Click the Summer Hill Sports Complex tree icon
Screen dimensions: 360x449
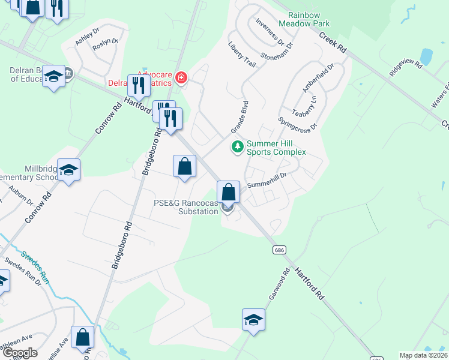pos(238,147)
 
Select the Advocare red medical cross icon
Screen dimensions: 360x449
pos(180,77)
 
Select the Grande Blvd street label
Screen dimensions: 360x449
pos(240,118)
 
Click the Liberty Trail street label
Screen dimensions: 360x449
pos(241,53)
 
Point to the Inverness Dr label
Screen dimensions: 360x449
pos(269,32)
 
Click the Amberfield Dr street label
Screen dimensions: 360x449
pos(317,78)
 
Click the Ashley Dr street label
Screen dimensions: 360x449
pos(87,37)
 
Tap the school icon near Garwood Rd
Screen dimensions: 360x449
pos(253,320)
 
